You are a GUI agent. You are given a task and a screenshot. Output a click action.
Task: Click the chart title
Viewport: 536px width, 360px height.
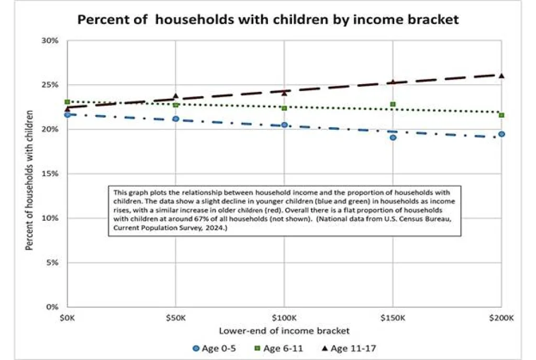268,20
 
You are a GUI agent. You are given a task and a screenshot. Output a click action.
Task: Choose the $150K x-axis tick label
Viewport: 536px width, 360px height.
393,318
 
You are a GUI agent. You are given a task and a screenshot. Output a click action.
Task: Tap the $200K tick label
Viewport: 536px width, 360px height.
501,318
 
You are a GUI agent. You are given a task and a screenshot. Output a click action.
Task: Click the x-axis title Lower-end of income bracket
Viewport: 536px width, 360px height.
284,331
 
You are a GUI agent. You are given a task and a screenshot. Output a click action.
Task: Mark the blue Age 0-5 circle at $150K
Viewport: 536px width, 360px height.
393,138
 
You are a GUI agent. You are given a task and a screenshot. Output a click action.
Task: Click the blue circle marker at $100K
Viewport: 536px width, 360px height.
284,125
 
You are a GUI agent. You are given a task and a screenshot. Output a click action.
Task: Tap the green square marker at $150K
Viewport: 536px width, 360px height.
393,105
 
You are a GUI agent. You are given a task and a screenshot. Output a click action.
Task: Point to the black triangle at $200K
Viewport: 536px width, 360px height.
501,76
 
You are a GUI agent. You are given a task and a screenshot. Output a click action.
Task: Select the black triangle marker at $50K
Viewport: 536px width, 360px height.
176,96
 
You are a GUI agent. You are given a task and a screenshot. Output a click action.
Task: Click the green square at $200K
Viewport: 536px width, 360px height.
501,115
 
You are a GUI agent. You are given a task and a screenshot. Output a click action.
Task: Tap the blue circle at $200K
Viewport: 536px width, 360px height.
501,134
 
